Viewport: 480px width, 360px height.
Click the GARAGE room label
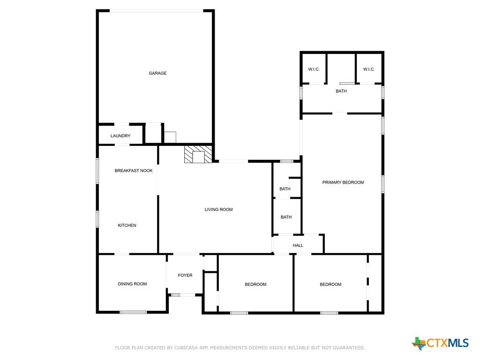(157, 73)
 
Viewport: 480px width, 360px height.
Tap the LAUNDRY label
(120, 136)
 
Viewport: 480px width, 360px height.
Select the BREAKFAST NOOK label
(134, 171)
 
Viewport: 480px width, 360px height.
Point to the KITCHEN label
(127, 225)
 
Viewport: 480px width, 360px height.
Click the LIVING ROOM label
(218, 210)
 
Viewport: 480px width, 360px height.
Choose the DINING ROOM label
(132, 284)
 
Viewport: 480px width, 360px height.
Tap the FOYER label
(185, 275)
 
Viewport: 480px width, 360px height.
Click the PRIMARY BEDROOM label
(343, 182)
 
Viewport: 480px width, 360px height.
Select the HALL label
(298, 246)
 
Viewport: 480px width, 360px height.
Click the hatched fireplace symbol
(198, 154)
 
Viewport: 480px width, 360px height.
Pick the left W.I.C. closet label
(314, 69)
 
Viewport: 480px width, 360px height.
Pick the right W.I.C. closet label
(369, 69)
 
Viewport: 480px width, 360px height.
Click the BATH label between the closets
(341, 91)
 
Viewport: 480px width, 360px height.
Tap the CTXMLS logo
(440, 343)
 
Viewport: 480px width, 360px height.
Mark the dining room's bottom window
(133, 312)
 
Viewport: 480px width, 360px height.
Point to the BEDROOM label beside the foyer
(255, 285)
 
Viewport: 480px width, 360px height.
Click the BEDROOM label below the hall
(330, 285)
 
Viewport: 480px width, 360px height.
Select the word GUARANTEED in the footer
(349, 348)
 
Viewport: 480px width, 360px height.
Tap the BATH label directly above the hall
(286, 217)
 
